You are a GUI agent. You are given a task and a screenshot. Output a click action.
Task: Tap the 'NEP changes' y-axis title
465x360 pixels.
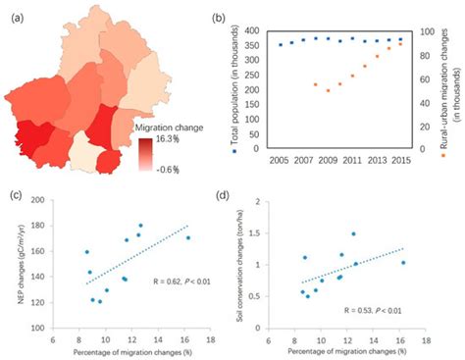21,259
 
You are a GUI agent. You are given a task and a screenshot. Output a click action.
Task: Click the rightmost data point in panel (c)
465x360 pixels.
188,237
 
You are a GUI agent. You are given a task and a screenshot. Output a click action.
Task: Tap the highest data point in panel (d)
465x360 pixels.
353,233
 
